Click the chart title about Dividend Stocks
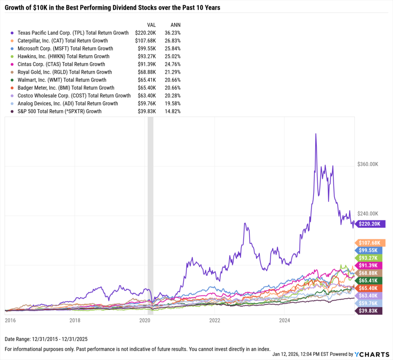[x=112, y=8]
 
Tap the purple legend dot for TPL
[x=13, y=33]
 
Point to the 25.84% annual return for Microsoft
[x=173, y=49]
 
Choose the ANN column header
[x=175, y=25]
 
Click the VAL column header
[x=147, y=25]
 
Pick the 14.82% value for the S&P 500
[x=173, y=111]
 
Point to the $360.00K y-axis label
[x=368, y=164]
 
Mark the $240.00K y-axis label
[x=368, y=214]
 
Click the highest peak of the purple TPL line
[x=315, y=134]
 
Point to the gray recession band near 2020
[x=150, y=215]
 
